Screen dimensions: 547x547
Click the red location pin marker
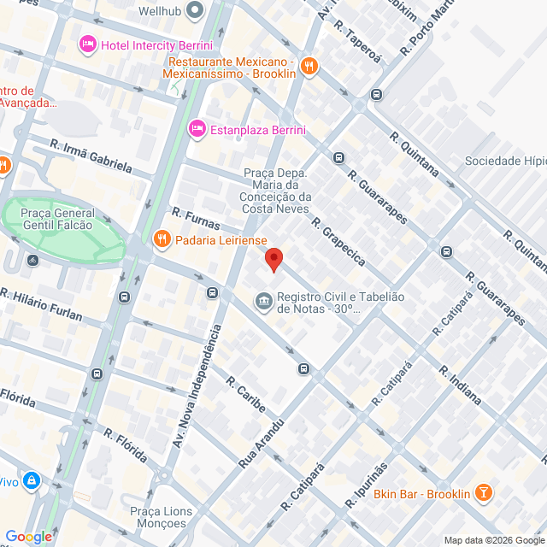click(273, 259)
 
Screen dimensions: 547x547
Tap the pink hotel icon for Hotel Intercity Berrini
click(86, 44)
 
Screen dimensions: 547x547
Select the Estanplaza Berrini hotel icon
click(197, 129)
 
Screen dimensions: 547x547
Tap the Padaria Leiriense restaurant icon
click(161, 239)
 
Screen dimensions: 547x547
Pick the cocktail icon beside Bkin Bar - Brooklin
click(484, 493)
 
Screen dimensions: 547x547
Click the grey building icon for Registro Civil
click(263, 302)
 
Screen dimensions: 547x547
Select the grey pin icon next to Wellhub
click(195, 11)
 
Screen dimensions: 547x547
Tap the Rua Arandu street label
click(262, 441)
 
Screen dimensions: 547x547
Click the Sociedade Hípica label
click(505, 161)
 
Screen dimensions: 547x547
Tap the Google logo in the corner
click(28, 536)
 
